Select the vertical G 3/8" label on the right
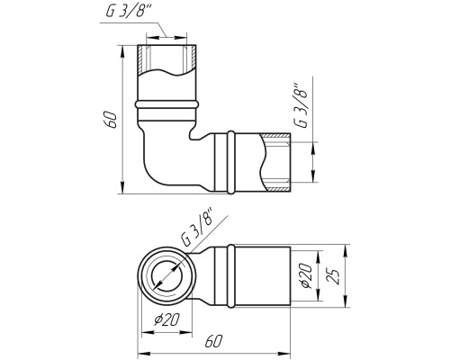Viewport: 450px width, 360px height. (x=301, y=104)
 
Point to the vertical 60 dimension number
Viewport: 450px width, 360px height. (x=111, y=120)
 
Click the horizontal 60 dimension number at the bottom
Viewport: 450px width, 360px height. (x=213, y=341)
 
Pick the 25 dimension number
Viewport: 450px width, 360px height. (x=334, y=275)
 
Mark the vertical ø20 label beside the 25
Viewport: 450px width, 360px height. (x=307, y=275)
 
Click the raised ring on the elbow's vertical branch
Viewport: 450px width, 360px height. (x=166, y=105)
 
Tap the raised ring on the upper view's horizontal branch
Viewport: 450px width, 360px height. (x=231, y=162)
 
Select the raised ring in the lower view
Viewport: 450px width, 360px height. (x=230, y=276)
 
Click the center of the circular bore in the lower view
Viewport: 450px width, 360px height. (x=166, y=275)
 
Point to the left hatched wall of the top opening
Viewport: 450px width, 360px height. (x=141, y=59)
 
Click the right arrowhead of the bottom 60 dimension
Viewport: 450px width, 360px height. (x=284, y=352)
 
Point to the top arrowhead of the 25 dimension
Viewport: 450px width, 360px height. (x=345, y=250)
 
